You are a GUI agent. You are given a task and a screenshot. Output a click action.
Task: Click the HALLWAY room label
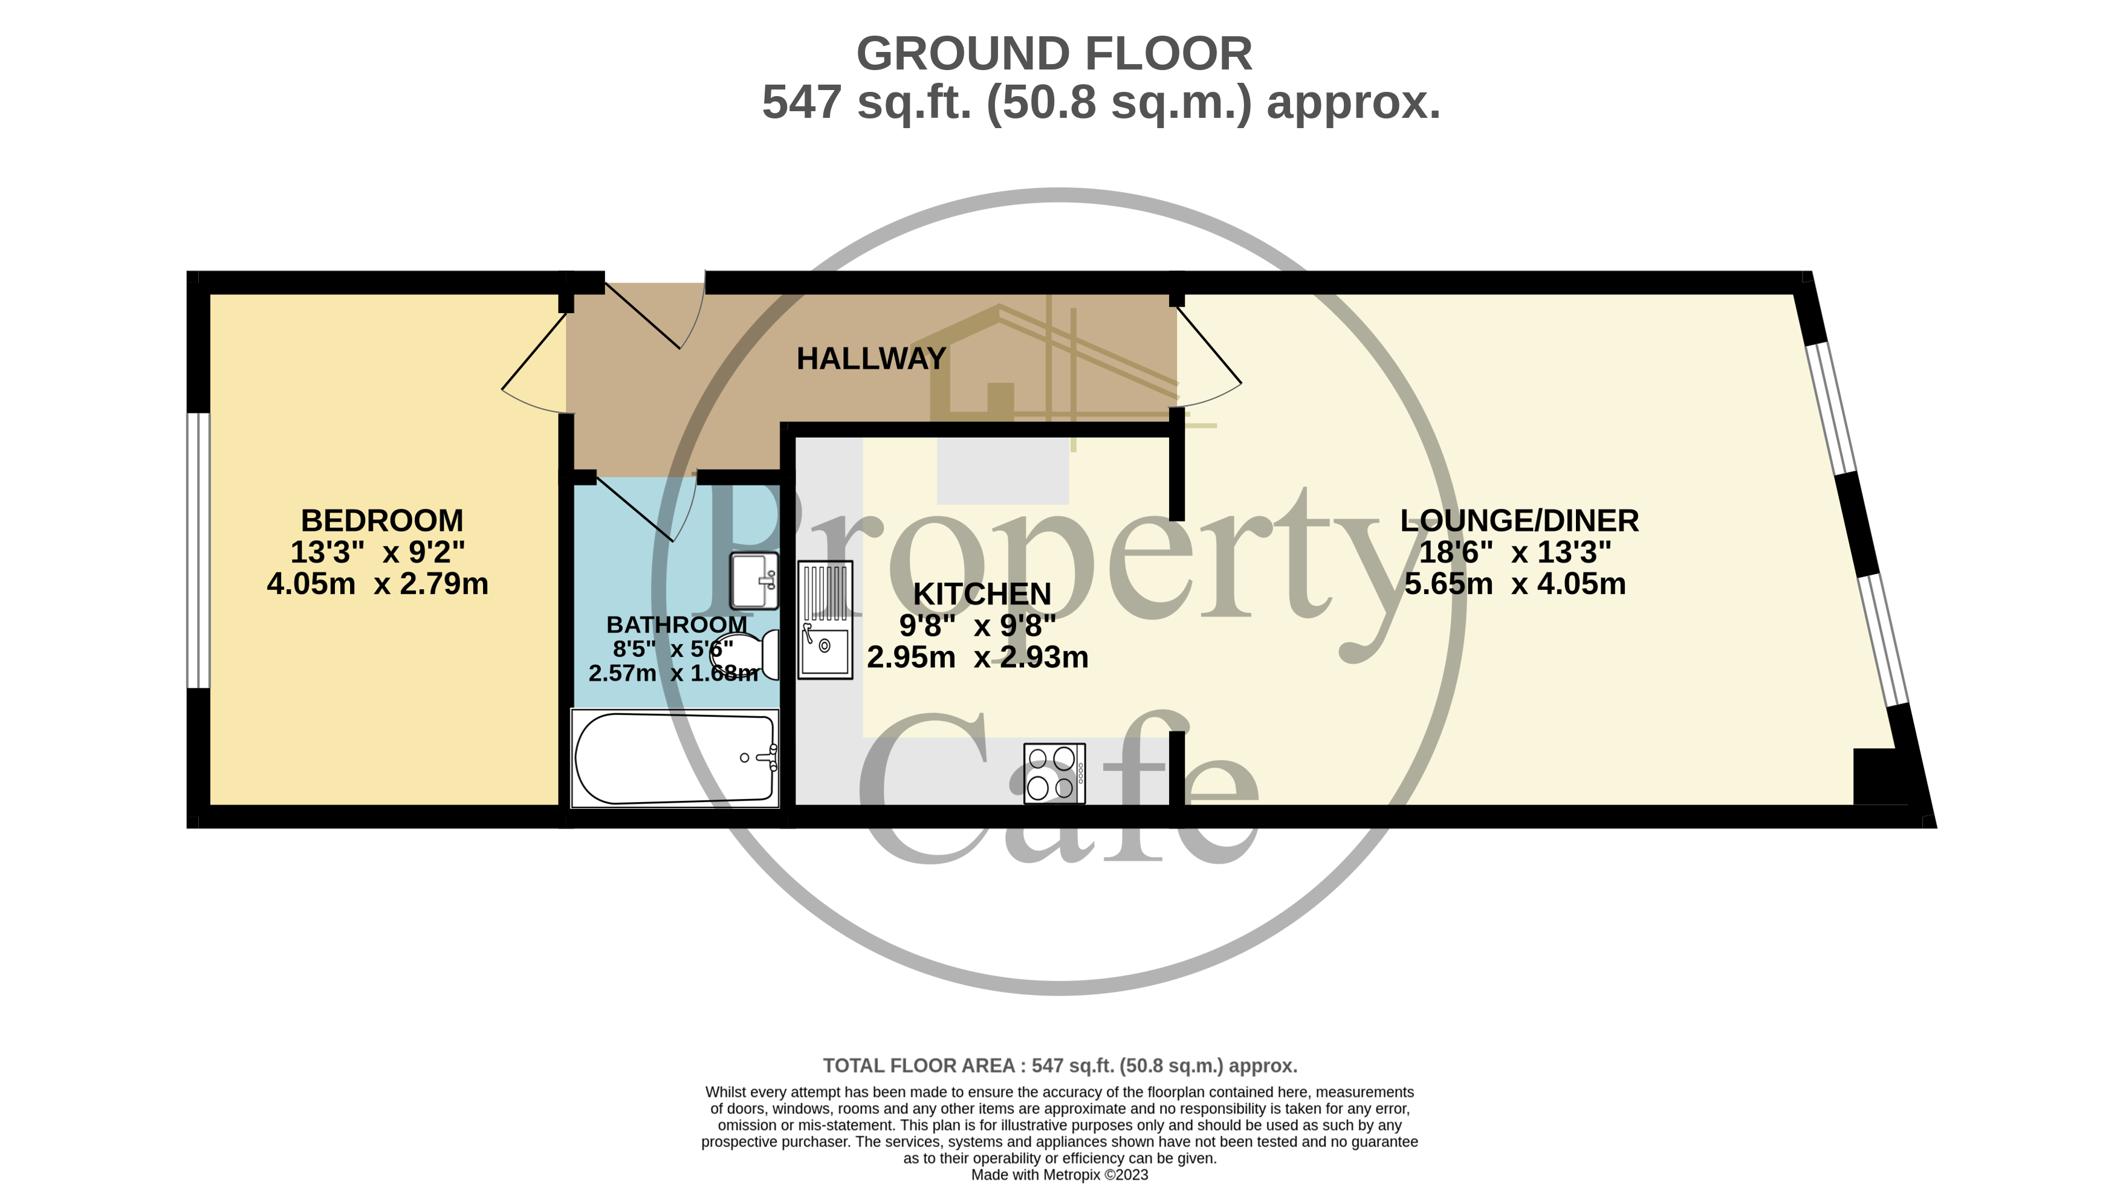pos(870,359)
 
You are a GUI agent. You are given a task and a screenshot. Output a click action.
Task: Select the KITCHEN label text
pos(982,594)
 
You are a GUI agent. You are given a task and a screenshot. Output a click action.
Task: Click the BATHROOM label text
pos(676,624)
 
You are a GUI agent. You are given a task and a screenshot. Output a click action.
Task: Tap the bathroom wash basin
pos(754,580)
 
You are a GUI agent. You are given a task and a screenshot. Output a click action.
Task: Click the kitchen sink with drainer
pos(825,619)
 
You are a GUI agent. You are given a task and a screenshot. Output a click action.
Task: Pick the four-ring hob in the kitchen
pos(1054,774)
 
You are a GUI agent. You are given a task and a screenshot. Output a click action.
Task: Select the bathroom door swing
pos(646,508)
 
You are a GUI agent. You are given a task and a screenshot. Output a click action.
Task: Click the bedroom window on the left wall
pos(198,549)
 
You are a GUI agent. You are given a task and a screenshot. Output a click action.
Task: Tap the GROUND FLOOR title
pos(1054,54)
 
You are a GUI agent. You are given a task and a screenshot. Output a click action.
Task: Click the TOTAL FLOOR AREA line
pos(1060,1066)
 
